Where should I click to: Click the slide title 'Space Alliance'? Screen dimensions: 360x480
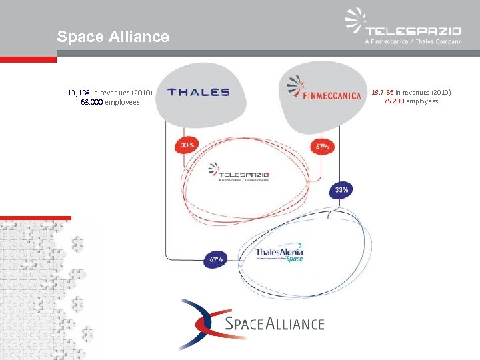pyautogui.click(x=113, y=37)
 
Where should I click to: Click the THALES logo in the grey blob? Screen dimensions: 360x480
pyautogui.click(x=198, y=93)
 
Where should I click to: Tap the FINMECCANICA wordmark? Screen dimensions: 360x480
pyautogui.click(x=333, y=95)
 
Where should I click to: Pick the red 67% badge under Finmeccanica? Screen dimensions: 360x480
pyautogui.click(x=323, y=146)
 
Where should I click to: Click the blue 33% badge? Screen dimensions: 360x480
pyautogui.click(x=341, y=191)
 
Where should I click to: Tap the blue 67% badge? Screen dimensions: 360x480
pyautogui.click(x=216, y=258)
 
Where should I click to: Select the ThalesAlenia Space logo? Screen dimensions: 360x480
pyautogui.click(x=279, y=254)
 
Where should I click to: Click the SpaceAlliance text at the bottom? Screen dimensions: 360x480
pyautogui.click(x=275, y=324)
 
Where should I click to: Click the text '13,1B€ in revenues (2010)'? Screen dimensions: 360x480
pyautogui.click(x=110, y=93)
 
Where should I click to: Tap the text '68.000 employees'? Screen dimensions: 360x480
pyautogui.click(x=110, y=102)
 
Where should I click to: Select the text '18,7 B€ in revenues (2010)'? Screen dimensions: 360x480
pyautogui.click(x=411, y=91)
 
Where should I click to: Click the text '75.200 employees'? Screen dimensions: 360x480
pyautogui.click(x=411, y=101)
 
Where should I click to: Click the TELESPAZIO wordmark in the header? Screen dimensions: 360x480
pyautogui.click(x=413, y=30)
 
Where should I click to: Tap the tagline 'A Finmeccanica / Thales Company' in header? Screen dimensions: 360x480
pyautogui.click(x=413, y=41)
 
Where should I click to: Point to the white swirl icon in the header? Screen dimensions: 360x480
pyautogui.click(x=355, y=21)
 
